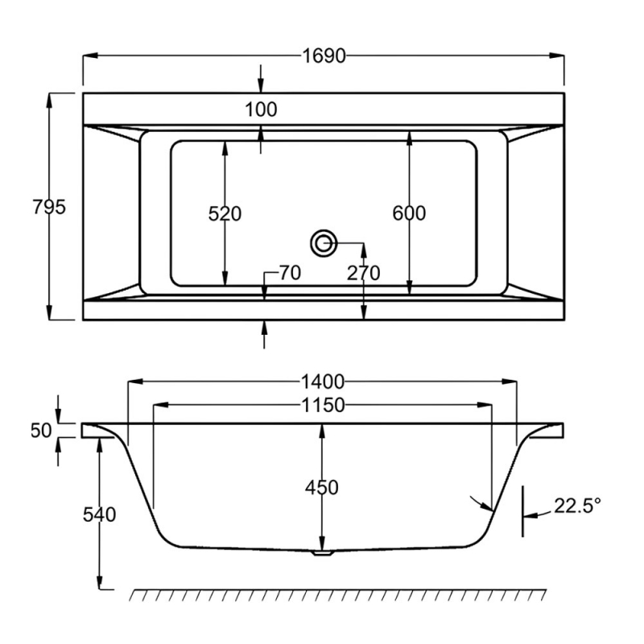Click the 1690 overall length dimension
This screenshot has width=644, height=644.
pyautogui.click(x=324, y=56)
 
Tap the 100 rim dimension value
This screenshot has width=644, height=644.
pyautogui.click(x=261, y=109)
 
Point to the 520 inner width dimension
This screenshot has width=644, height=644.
pyautogui.click(x=225, y=213)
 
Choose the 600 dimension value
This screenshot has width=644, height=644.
pyautogui.click(x=409, y=213)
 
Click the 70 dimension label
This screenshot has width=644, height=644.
pyautogui.click(x=289, y=274)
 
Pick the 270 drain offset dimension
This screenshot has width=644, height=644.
pyautogui.click(x=363, y=274)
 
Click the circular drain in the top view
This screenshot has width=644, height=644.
pyautogui.click(x=324, y=242)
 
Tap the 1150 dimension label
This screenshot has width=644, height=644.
pyautogui.click(x=323, y=406)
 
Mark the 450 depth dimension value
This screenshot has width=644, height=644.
pyautogui.click(x=322, y=487)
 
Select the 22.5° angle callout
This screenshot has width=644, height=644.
pyautogui.click(x=576, y=506)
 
